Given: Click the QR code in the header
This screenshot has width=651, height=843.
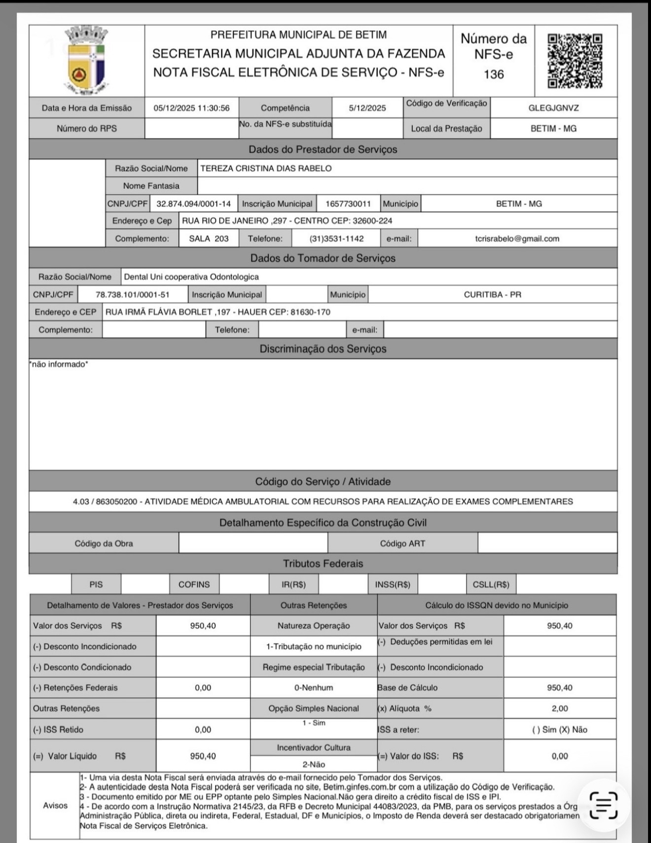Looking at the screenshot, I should (x=575, y=61).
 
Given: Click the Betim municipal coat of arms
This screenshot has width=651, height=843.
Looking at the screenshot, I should (x=86, y=61).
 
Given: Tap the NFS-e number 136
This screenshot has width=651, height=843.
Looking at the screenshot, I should (x=494, y=74).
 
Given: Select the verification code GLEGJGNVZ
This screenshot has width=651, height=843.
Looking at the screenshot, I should (x=553, y=108).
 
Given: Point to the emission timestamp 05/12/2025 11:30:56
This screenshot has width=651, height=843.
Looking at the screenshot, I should (x=191, y=108).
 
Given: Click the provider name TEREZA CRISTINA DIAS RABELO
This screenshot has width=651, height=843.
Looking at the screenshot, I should (x=266, y=169).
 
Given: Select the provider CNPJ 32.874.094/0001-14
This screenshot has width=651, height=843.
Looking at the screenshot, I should (x=193, y=204).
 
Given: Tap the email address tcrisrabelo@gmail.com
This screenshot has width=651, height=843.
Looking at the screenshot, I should (x=517, y=239).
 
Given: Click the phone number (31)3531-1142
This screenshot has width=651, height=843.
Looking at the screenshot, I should (x=336, y=239).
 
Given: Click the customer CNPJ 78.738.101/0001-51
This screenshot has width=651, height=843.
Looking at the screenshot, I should (x=132, y=295).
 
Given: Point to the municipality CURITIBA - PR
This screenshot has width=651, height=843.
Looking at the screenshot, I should (x=492, y=295).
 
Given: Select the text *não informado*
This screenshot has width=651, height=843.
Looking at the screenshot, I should (x=59, y=364).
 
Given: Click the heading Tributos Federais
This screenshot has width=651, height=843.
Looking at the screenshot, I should (x=323, y=563).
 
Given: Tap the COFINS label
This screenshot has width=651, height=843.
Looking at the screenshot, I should (x=194, y=585).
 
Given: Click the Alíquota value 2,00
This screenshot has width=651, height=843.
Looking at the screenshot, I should (x=560, y=708).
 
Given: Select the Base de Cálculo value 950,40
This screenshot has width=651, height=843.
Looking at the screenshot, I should (x=560, y=688).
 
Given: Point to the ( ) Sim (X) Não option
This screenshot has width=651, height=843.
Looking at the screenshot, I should (x=560, y=730).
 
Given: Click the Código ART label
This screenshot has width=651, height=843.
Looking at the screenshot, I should (x=402, y=543).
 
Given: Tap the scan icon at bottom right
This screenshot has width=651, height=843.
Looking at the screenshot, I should (x=603, y=805).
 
